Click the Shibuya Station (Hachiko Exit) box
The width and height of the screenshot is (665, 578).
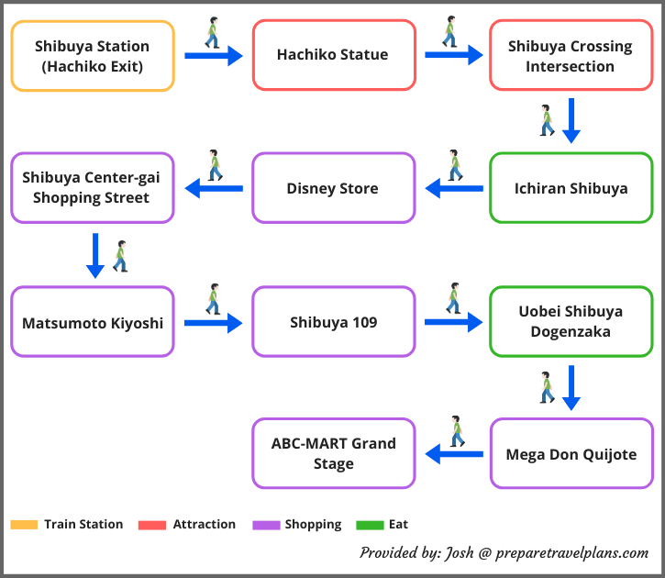tap(92, 56)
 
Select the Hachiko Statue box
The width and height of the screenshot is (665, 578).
tap(333, 56)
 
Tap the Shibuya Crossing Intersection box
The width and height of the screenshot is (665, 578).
tap(571, 56)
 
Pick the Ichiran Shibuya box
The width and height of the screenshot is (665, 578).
tap(571, 188)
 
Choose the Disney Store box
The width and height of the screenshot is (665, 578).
tap(333, 188)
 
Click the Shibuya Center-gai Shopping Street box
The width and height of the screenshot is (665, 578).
tap(92, 188)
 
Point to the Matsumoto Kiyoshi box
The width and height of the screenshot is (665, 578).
tap(92, 322)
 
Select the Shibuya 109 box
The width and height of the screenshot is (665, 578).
tap(333, 322)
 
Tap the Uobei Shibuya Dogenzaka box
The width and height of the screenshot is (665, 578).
tap(571, 322)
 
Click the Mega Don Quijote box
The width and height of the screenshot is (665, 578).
tap(571, 454)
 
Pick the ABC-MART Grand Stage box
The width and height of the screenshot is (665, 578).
tap(333, 454)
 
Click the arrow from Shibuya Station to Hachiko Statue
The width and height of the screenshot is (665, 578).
tap(213, 56)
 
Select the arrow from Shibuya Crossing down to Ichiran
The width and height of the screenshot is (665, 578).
tap(571, 120)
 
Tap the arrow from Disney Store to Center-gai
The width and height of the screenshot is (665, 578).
tap(214, 188)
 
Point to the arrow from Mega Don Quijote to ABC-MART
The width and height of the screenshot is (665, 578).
tap(454, 453)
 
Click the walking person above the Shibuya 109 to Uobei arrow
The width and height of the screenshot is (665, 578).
tap(453, 298)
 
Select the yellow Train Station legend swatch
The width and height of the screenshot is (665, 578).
tap(24, 525)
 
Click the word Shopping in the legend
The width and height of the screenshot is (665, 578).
tap(313, 525)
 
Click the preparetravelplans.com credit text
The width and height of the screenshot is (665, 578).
tap(504, 552)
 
